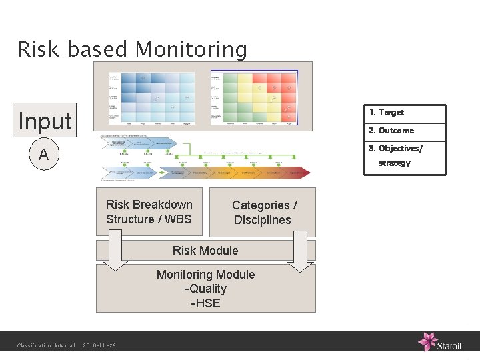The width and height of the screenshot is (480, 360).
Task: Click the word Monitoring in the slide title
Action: pyautogui.click(x=191, y=50)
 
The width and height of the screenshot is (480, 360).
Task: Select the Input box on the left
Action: pyautogui.click(x=45, y=121)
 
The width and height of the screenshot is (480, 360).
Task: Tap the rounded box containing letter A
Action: pyautogui.click(x=44, y=155)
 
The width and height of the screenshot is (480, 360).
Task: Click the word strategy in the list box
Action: pyautogui.click(x=395, y=163)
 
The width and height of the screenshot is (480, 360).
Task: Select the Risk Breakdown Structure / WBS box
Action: pyautogui.click(x=149, y=212)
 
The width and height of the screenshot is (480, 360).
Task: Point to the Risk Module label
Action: pyautogui.click(x=205, y=251)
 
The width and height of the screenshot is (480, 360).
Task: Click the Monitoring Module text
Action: pyautogui.click(x=205, y=275)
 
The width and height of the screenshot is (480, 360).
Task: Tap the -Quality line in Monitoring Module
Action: pyautogui.click(x=205, y=289)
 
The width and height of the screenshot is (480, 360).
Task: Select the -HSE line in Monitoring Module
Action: pyautogui.click(x=205, y=303)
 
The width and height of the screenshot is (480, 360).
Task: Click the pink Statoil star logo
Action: pyautogui.click(x=427, y=341)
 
